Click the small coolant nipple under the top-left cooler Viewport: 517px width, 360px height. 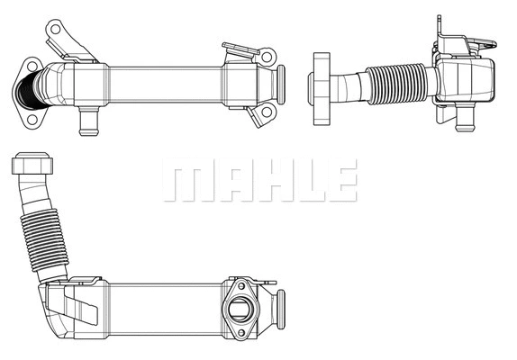click(87, 118)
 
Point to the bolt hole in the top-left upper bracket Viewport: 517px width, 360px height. click(55, 30)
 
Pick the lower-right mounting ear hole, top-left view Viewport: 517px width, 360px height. click(265, 112)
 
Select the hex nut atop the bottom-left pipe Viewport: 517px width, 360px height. click(32, 165)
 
